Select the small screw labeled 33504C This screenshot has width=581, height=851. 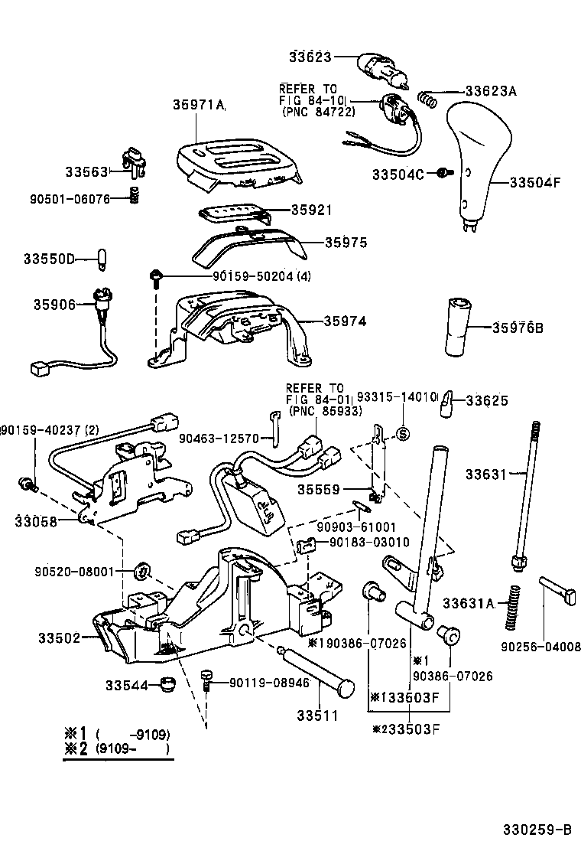click(x=441, y=174)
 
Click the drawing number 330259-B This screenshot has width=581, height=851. click(x=537, y=830)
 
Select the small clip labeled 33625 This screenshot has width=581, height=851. click(x=447, y=405)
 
